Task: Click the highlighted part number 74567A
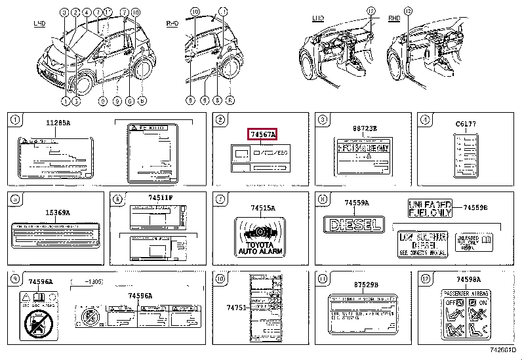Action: pyautogui.click(x=263, y=134)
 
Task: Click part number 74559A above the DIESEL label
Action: pyautogui.click(x=357, y=204)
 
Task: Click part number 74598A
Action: pyautogui.click(x=465, y=279)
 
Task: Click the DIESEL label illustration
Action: pyautogui.click(x=355, y=224)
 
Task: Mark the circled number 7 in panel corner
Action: pyautogui.click(x=220, y=199)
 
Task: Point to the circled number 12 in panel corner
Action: pyautogui.click(x=424, y=279)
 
